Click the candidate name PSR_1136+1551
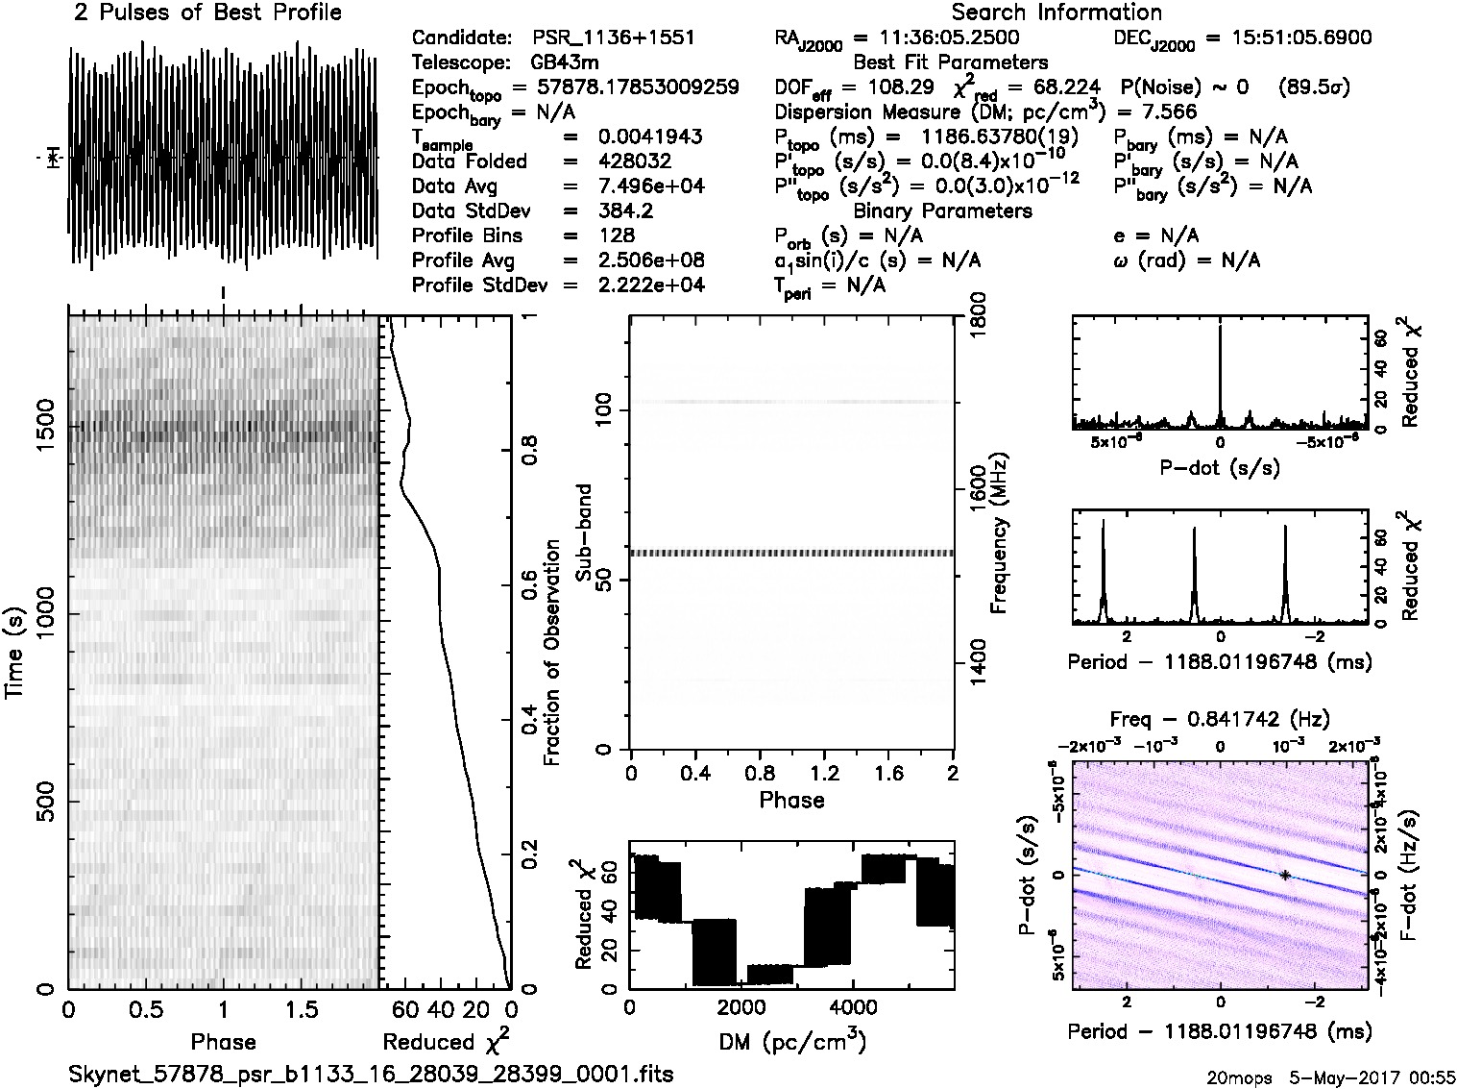(613, 38)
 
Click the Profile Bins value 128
(616, 235)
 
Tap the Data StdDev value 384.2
(624, 210)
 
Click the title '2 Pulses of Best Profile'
(207, 12)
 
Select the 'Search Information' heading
(1056, 12)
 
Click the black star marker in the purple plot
(1284, 875)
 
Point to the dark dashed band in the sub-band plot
(791, 554)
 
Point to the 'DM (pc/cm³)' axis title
(791, 1040)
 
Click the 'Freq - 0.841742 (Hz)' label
(1220, 719)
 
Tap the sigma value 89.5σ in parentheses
(1314, 87)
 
